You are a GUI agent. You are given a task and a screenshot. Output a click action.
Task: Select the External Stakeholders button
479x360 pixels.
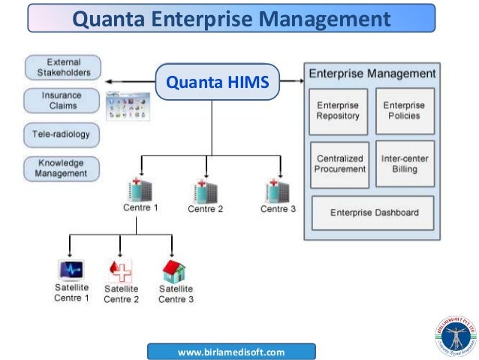(x=64, y=68)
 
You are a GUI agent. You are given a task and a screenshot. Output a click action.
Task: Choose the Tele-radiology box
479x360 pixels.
(x=64, y=135)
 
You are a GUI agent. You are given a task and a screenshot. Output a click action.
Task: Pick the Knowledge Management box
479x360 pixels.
(x=64, y=168)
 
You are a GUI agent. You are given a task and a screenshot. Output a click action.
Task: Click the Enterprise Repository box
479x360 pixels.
(x=338, y=111)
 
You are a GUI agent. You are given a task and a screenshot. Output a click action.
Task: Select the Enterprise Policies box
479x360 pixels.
(x=404, y=111)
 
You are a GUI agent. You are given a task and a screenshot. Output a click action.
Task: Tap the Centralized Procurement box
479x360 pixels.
(x=339, y=164)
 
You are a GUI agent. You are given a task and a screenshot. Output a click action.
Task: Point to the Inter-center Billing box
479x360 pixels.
(x=404, y=164)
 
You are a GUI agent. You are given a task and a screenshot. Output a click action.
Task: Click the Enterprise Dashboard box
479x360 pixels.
(x=375, y=213)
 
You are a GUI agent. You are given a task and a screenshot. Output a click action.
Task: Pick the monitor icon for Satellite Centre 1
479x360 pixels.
(x=71, y=270)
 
